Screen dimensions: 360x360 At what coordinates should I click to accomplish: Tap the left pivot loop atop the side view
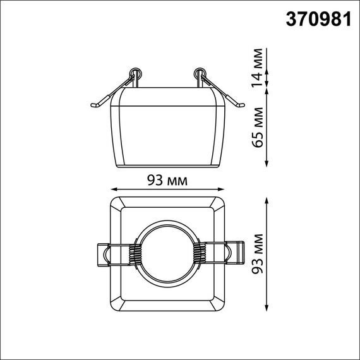pos(135,71)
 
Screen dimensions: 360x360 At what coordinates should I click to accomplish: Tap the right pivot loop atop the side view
pos(201,71)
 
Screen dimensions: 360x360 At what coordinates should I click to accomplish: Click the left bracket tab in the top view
pos(103,255)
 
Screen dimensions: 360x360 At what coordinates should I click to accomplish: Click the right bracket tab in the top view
pos(233,255)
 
